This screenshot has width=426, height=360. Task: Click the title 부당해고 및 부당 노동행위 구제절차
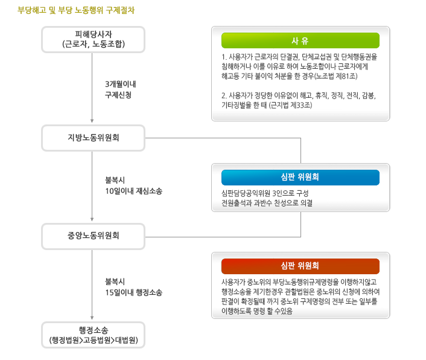pyautogui.click(x=76, y=10)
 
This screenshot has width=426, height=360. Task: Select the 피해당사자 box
pyautogui.click(x=93, y=39)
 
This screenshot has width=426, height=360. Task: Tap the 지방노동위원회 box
pyautogui.click(x=93, y=138)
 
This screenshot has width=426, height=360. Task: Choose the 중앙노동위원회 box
pyautogui.click(x=93, y=236)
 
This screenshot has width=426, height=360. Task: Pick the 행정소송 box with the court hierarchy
pyautogui.click(x=93, y=335)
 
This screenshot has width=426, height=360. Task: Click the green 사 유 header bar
pyautogui.click(x=300, y=40)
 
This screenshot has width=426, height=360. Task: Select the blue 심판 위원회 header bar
pyautogui.click(x=300, y=177)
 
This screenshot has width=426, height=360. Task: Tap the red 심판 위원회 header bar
pyautogui.click(x=300, y=266)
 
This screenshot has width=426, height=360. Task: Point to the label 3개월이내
pyautogui.click(x=120, y=85)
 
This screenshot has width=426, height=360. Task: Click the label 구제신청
pyautogui.click(x=118, y=95)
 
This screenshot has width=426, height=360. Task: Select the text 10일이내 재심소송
pyautogui.click(x=134, y=191)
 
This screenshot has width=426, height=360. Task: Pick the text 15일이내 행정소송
pyautogui.click(x=134, y=292)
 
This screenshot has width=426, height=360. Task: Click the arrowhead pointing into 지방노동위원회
pyautogui.click(x=92, y=121)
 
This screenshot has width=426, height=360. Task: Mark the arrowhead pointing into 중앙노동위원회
pyautogui.click(x=92, y=219)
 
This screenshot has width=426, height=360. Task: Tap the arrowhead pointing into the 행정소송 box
pyautogui.click(x=92, y=318)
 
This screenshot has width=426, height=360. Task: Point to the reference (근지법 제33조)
pyautogui.click(x=290, y=105)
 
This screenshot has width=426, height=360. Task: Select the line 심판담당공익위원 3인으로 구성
pyautogui.click(x=265, y=193)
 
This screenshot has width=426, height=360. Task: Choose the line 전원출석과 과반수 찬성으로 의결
pyautogui.click(x=267, y=203)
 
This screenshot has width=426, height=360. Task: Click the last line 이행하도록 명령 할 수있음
pyautogui.click(x=257, y=311)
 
